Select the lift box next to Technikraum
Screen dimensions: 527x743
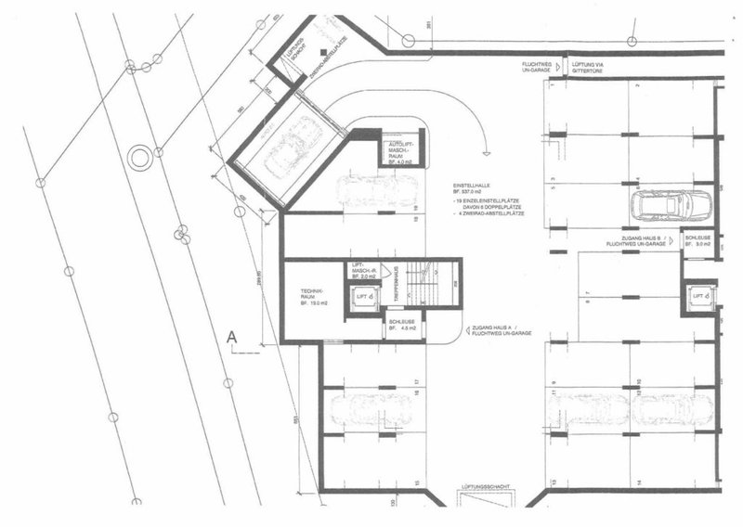click(364, 297)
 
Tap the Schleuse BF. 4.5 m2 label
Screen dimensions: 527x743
click(402, 324)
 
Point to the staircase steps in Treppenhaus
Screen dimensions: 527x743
click(428, 288)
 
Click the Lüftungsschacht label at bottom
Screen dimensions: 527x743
click(485, 485)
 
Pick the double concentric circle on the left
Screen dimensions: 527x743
click(139, 157)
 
